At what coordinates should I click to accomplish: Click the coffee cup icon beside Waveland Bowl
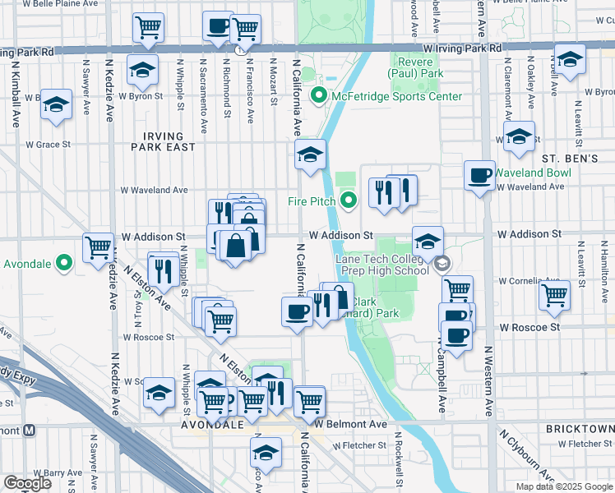(x=479, y=175)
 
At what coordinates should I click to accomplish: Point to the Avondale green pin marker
(x=65, y=264)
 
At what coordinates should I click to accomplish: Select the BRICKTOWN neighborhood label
(x=579, y=430)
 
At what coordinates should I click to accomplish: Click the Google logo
(x=28, y=483)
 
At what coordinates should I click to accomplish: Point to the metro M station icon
(x=30, y=430)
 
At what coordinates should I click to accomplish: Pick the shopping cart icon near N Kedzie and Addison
(x=98, y=246)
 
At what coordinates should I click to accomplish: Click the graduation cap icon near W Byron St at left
(x=57, y=105)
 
